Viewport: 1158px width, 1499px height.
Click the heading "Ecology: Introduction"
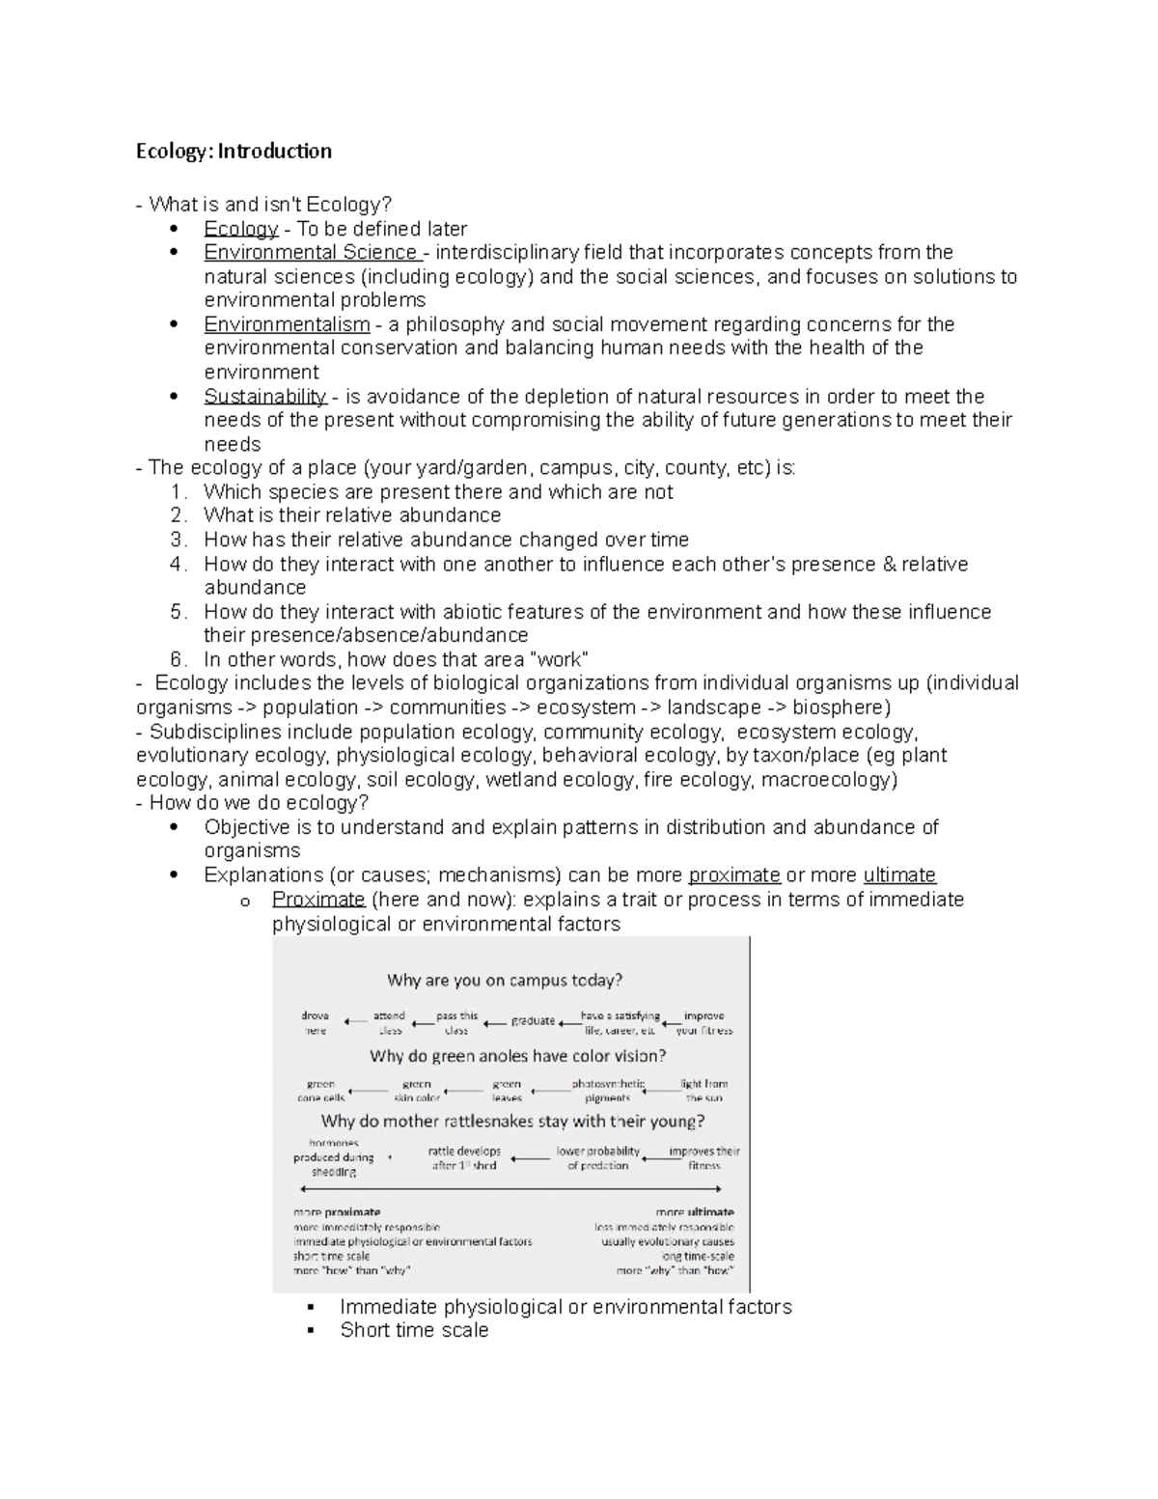234,151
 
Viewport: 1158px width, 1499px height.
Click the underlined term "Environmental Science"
310,253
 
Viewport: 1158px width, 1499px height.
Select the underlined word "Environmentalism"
287,324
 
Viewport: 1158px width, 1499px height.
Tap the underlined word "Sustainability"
264,397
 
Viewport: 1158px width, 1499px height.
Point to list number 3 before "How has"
177,540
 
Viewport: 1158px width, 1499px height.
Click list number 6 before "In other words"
177,660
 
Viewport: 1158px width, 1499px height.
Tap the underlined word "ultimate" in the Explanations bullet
899,875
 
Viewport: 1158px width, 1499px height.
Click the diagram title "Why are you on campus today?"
505,981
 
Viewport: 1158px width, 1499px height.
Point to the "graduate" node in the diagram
533,1021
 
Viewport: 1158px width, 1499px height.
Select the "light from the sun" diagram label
704,1091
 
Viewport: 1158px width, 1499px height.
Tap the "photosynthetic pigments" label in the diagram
608,1091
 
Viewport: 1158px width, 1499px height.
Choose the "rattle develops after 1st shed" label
464,1158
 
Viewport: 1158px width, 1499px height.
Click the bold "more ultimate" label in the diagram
695,1212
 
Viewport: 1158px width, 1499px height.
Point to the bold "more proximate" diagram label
337,1212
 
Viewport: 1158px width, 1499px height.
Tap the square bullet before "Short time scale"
311,1331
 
